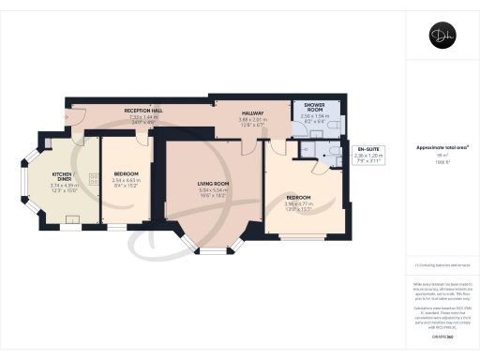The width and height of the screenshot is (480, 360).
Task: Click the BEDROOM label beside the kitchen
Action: [126, 173]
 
